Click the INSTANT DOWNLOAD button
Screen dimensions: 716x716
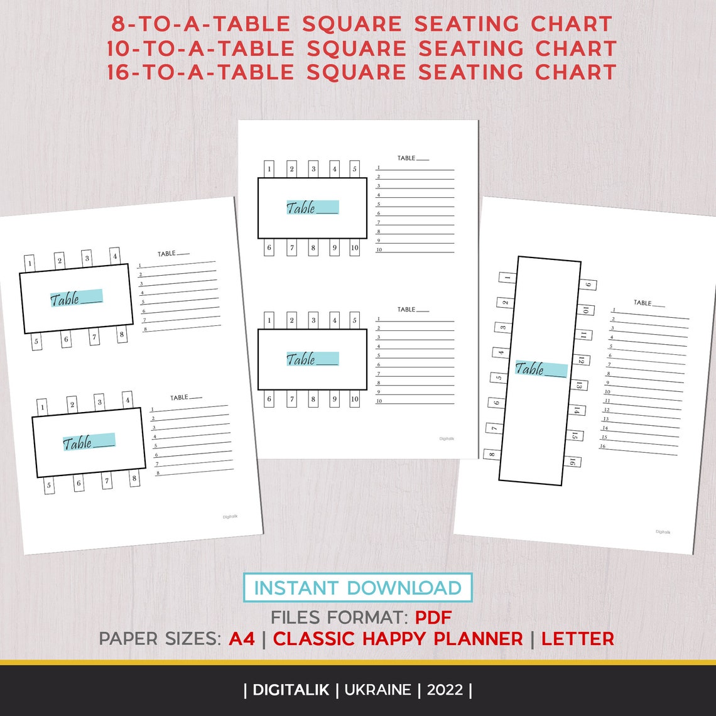[357, 588]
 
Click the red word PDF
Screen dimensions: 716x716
[433, 616]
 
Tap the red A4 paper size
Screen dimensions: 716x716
[242, 639]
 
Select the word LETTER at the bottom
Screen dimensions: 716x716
[577, 639]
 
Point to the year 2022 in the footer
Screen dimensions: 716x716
[445, 690]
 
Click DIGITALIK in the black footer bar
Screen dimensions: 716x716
[291, 690]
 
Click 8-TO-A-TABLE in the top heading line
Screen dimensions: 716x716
[201, 24]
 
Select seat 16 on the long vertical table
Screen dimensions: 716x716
[572, 462]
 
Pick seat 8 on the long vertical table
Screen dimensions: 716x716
[491, 454]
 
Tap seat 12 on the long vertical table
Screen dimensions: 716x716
[581, 361]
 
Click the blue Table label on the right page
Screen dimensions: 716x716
[541, 369]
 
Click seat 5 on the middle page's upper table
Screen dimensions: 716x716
[355, 169]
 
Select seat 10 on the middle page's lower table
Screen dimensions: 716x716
[355, 399]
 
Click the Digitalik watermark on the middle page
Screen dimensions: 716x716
[447, 439]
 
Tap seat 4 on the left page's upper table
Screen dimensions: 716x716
[115, 256]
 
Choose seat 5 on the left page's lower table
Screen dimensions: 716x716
[50, 485]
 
